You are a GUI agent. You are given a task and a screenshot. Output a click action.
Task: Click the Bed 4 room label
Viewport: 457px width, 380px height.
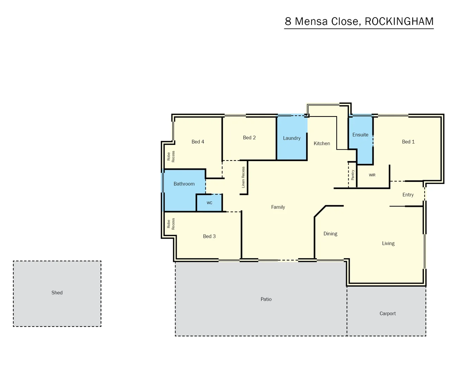[x=198, y=142]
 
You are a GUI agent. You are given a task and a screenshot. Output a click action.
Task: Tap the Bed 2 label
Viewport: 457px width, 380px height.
[x=249, y=138]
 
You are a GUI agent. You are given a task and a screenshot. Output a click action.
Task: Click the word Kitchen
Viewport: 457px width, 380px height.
[x=322, y=144]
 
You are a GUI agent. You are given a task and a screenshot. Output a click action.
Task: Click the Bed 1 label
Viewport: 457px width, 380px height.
[x=408, y=142]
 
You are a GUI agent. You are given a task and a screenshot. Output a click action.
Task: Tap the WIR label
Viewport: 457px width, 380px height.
[x=372, y=175]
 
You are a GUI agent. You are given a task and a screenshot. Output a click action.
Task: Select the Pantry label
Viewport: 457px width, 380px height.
[x=353, y=175]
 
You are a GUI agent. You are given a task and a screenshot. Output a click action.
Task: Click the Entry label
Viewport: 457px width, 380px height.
[x=408, y=195]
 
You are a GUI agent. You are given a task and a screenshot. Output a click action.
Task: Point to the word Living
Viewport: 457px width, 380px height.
[x=388, y=243]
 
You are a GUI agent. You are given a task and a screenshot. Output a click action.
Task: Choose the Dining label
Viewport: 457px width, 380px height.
[x=330, y=234]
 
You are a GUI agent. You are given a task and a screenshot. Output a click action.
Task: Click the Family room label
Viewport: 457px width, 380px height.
[x=278, y=207]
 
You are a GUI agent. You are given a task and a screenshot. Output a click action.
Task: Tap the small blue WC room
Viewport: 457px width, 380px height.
[x=209, y=203]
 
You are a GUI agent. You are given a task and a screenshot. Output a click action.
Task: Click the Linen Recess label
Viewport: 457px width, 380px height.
[x=243, y=177]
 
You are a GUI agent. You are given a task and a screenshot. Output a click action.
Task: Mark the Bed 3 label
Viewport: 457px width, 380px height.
[x=209, y=236]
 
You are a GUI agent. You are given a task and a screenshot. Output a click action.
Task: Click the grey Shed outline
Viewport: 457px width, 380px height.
[x=57, y=293]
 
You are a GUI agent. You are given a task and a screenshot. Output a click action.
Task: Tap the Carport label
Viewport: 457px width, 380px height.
[x=387, y=313]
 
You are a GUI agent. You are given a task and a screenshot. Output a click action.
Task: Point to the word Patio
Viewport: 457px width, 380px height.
[x=266, y=299]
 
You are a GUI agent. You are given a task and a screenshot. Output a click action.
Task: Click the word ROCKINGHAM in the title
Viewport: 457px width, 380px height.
[x=399, y=21]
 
